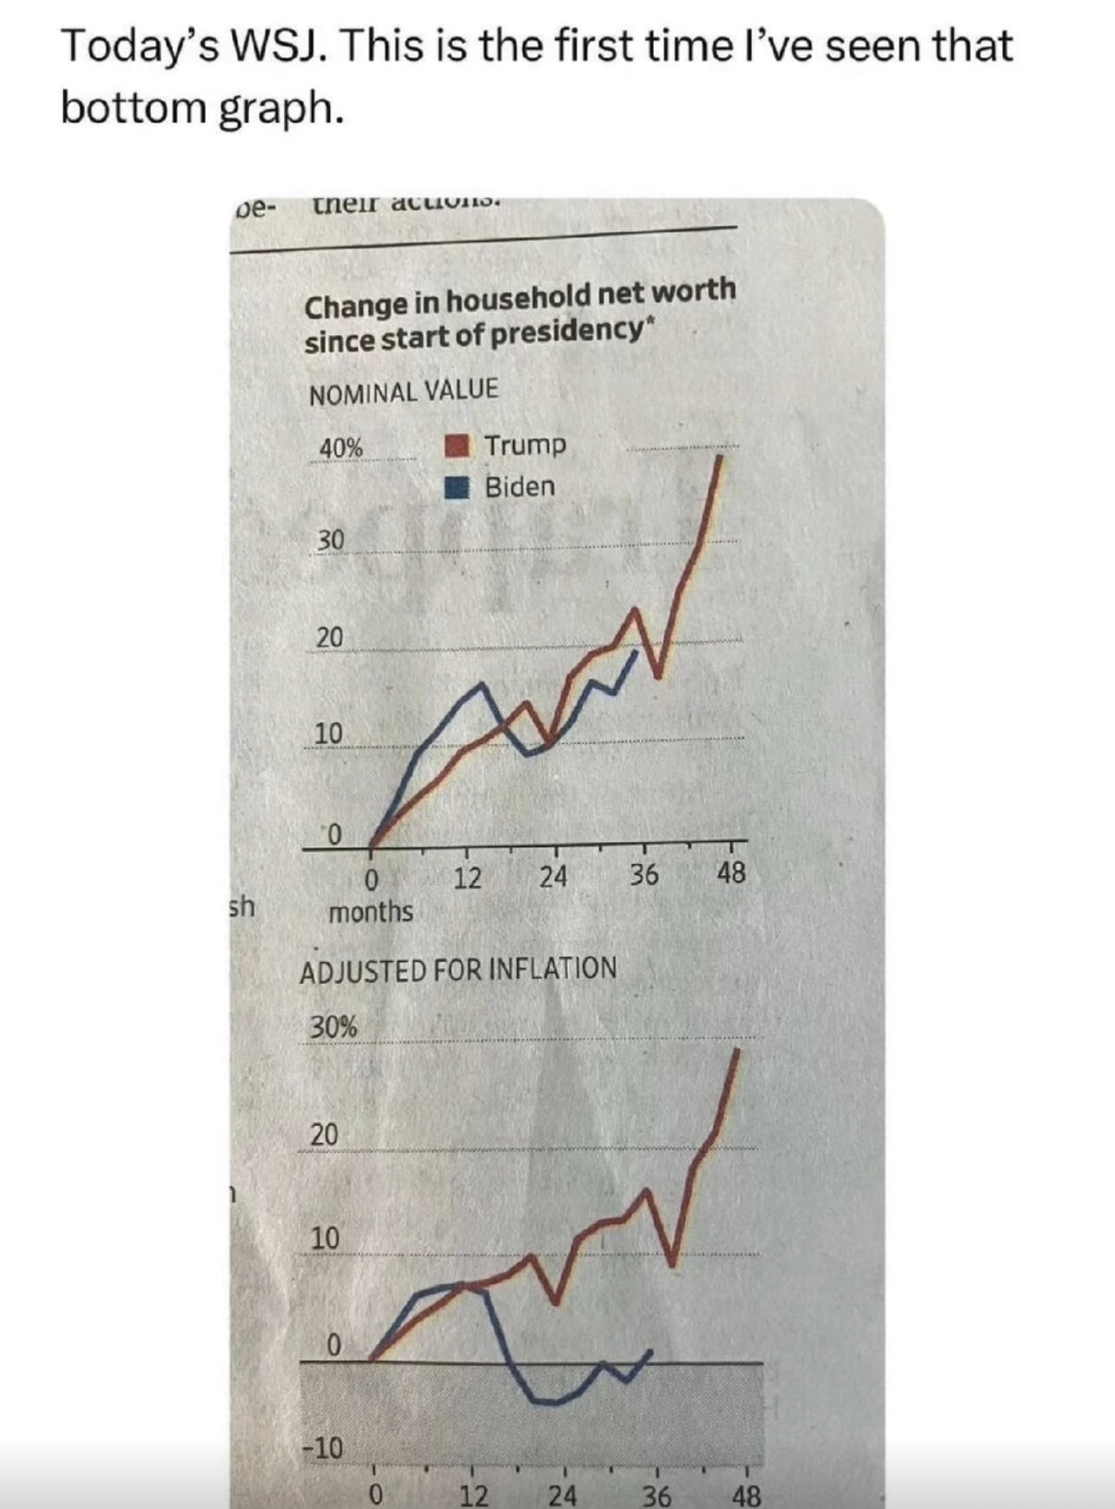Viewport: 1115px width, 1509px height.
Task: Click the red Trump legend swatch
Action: pos(457,446)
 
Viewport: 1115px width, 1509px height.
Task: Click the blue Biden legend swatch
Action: pos(457,487)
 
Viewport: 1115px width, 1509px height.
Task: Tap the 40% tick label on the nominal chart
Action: pos(340,448)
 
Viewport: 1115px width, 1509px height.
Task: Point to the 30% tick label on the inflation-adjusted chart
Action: pos(333,1027)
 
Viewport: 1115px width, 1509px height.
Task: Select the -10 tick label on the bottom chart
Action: pos(322,1447)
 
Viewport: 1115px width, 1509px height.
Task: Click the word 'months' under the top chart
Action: pos(371,912)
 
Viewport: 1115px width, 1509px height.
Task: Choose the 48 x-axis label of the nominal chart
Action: pos(731,873)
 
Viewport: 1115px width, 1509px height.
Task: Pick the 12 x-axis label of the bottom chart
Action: pos(473,1495)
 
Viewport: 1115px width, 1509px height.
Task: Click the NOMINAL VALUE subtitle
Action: pos(404,391)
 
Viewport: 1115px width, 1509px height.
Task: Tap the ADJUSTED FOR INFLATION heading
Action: pos(458,969)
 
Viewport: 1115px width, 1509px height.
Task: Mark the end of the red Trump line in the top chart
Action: pos(721,454)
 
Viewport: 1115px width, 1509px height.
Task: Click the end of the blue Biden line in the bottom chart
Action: pos(650,1351)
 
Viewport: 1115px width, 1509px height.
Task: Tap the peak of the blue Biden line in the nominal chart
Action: pos(482,685)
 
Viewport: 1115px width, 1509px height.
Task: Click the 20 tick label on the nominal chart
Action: pos(329,638)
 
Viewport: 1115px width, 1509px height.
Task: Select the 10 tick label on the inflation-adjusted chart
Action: pos(325,1238)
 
